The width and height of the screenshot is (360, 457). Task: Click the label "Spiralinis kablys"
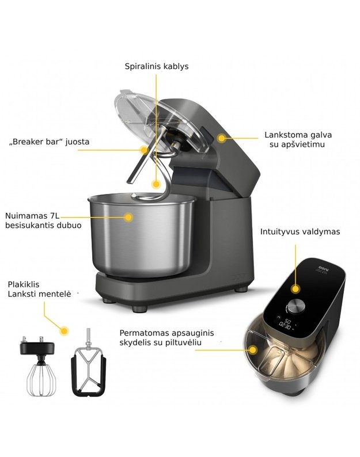coord(157,66)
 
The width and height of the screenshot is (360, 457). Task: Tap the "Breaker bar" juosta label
coord(50,142)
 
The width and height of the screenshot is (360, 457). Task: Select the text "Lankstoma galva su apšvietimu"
coord(298,140)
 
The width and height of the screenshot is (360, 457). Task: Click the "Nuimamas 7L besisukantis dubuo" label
coord(43,220)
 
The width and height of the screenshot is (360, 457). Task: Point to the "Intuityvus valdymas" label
coord(300,232)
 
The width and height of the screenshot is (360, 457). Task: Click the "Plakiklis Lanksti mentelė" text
coord(39,289)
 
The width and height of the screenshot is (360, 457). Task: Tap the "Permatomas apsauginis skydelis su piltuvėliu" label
coord(166,337)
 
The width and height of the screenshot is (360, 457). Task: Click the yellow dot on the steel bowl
coord(128,217)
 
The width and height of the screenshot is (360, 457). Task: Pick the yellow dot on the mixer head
coord(222,138)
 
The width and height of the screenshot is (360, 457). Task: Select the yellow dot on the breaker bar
coord(144,150)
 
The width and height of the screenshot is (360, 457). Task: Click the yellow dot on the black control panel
coord(295,289)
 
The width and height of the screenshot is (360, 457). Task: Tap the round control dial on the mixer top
coord(297,306)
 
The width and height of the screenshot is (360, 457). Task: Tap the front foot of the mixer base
coord(139,309)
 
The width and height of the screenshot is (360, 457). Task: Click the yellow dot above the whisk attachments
coord(64,330)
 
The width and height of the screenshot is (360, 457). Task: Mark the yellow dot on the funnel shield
coord(253,350)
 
